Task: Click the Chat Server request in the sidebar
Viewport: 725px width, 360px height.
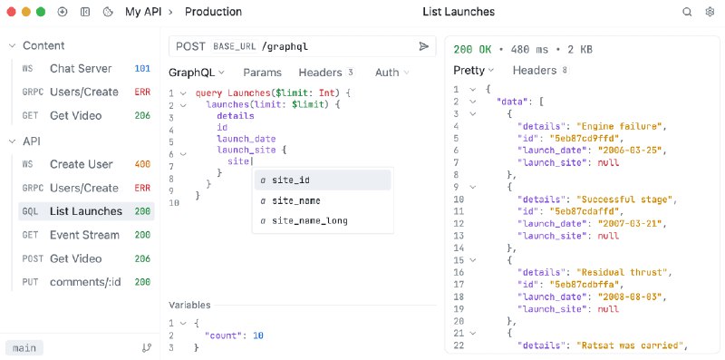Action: [81, 68]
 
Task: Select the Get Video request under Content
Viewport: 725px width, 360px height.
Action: [75, 115]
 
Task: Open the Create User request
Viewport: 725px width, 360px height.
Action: [81, 164]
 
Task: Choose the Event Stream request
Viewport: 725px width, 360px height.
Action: [84, 235]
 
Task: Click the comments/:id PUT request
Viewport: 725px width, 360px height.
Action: [84, 282]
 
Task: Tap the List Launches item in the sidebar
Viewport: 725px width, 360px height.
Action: [85, 211]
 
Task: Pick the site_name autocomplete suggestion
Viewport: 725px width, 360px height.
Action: [295, 200]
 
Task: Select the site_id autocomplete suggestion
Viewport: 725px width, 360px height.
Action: [291, 180]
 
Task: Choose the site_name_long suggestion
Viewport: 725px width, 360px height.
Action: [309, 220]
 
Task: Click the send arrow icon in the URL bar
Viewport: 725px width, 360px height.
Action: [423, 46]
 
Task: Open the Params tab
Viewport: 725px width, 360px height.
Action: [262, 73]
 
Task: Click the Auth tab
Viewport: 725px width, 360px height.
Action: [387, 73]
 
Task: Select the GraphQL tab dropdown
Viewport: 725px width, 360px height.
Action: [198, 73]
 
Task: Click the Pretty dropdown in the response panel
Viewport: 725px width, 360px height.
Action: [474, 70]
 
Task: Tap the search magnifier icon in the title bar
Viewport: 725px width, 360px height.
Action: [687, 12]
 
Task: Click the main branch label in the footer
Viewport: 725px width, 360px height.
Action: [24, 347]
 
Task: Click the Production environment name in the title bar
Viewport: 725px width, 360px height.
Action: [213, 12]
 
